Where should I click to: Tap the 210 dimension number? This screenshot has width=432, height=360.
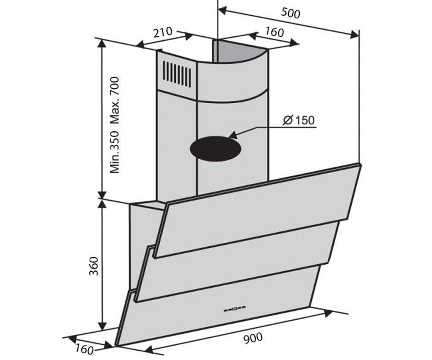[x=163, y=32]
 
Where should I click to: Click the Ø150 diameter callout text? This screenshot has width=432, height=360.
[x=298, y=120]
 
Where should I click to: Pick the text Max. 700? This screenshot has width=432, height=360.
[x=114, y=100]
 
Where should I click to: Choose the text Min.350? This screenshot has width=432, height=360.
[x=114, y=152]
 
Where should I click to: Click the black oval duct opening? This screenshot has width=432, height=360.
[x=215, y=149]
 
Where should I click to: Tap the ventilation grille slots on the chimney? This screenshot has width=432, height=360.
[x=176, y=74]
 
